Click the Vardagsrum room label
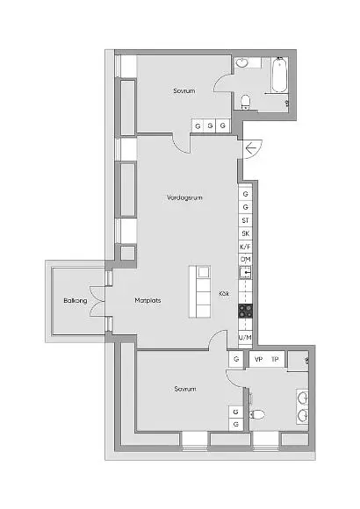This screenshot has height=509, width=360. click(x=184, y=197)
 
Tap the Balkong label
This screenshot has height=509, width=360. click(x=76, y=301)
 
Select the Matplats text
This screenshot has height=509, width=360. click(x=148, y=300)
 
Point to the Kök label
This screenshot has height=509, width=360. click(x=224, y=293)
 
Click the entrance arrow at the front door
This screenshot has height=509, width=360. click(x=251, y=149)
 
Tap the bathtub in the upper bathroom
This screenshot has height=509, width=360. click(x=279, y=75)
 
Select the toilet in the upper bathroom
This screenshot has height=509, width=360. click(x=246, y=102)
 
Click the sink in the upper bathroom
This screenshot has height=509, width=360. click(x=241, y=62)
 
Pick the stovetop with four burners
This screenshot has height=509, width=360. click(x=246, y=311)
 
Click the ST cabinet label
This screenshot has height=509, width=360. click(x=246, y=220)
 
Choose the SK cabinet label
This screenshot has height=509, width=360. click(x=246, y=233)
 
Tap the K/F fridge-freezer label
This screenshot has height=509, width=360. click(x=246, y=247)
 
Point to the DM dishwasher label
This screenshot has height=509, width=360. click(x=246, y=260)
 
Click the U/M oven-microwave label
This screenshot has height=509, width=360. click(x=245, y=337)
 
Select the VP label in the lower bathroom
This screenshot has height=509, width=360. click(x=259, y=359)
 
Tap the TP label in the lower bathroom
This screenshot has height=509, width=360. click(x=275, y=359)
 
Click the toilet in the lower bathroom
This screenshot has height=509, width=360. click(x=257, y=414)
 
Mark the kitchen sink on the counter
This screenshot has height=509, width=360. click(x=245, y=273)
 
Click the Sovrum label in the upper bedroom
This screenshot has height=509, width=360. click(x=184, y=91)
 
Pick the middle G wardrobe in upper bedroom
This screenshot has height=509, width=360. click(x=210, y=125)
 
